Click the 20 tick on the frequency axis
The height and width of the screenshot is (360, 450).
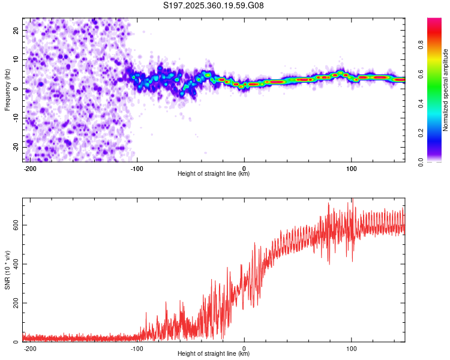[x=16, y=30]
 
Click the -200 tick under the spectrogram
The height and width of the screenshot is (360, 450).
[x=31, y=168]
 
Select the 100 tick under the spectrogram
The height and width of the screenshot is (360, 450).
[x=351, y=168]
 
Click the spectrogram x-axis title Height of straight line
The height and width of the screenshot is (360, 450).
[x=214, y=174]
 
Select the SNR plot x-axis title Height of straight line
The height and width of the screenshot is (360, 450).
[x=214, y=354]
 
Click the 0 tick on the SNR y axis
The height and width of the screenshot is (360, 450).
[x=18, y=342]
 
